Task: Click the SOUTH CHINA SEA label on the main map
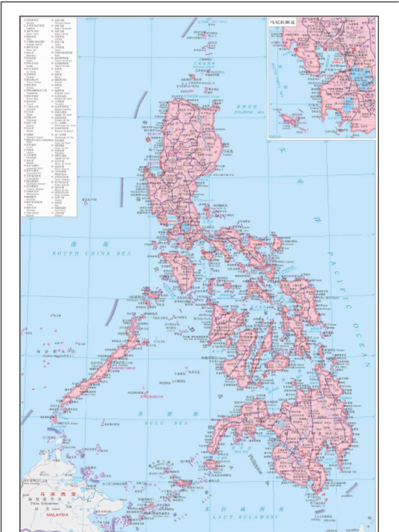click(91, 253)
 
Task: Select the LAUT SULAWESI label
click(244, 517)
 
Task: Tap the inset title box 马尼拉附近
click(283, 23)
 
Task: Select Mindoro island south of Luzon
click(180, 270)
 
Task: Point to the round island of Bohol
click(277, 362)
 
